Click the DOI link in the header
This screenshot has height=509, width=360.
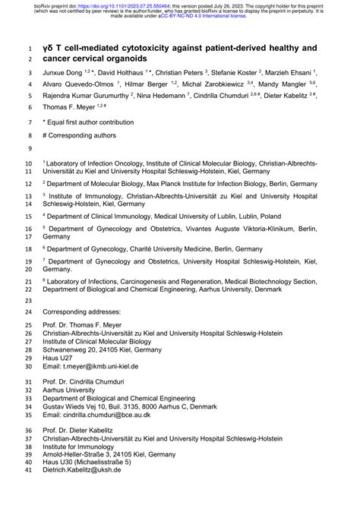[x=121, y=3]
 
